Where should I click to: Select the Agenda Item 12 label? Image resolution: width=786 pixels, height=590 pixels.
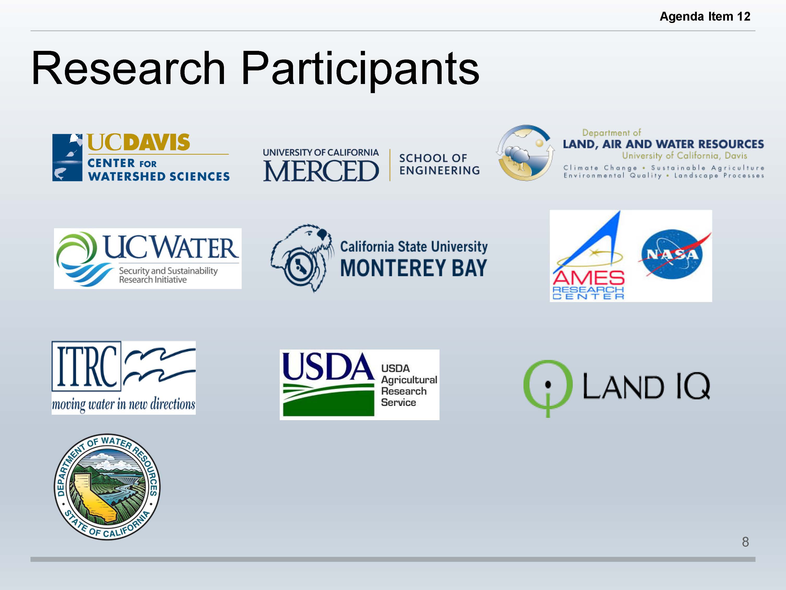[x=705, y=16]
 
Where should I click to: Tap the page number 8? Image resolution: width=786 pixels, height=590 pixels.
[x=746, y=542]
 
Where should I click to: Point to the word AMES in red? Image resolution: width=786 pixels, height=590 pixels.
[x=588, y=278]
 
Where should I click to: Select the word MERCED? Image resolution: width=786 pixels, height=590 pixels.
[x=321, y=171]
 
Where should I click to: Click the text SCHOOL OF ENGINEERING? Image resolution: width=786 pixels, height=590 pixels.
[x=439, y=164]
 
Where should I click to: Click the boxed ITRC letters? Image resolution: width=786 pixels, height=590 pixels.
[x=86, y=366]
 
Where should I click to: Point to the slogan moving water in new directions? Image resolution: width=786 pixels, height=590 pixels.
[x=124, y=405]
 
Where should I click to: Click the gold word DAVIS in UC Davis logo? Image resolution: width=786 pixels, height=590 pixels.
[x=159, y=142]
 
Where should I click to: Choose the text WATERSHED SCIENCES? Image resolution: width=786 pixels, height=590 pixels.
[x=159, y=176]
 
